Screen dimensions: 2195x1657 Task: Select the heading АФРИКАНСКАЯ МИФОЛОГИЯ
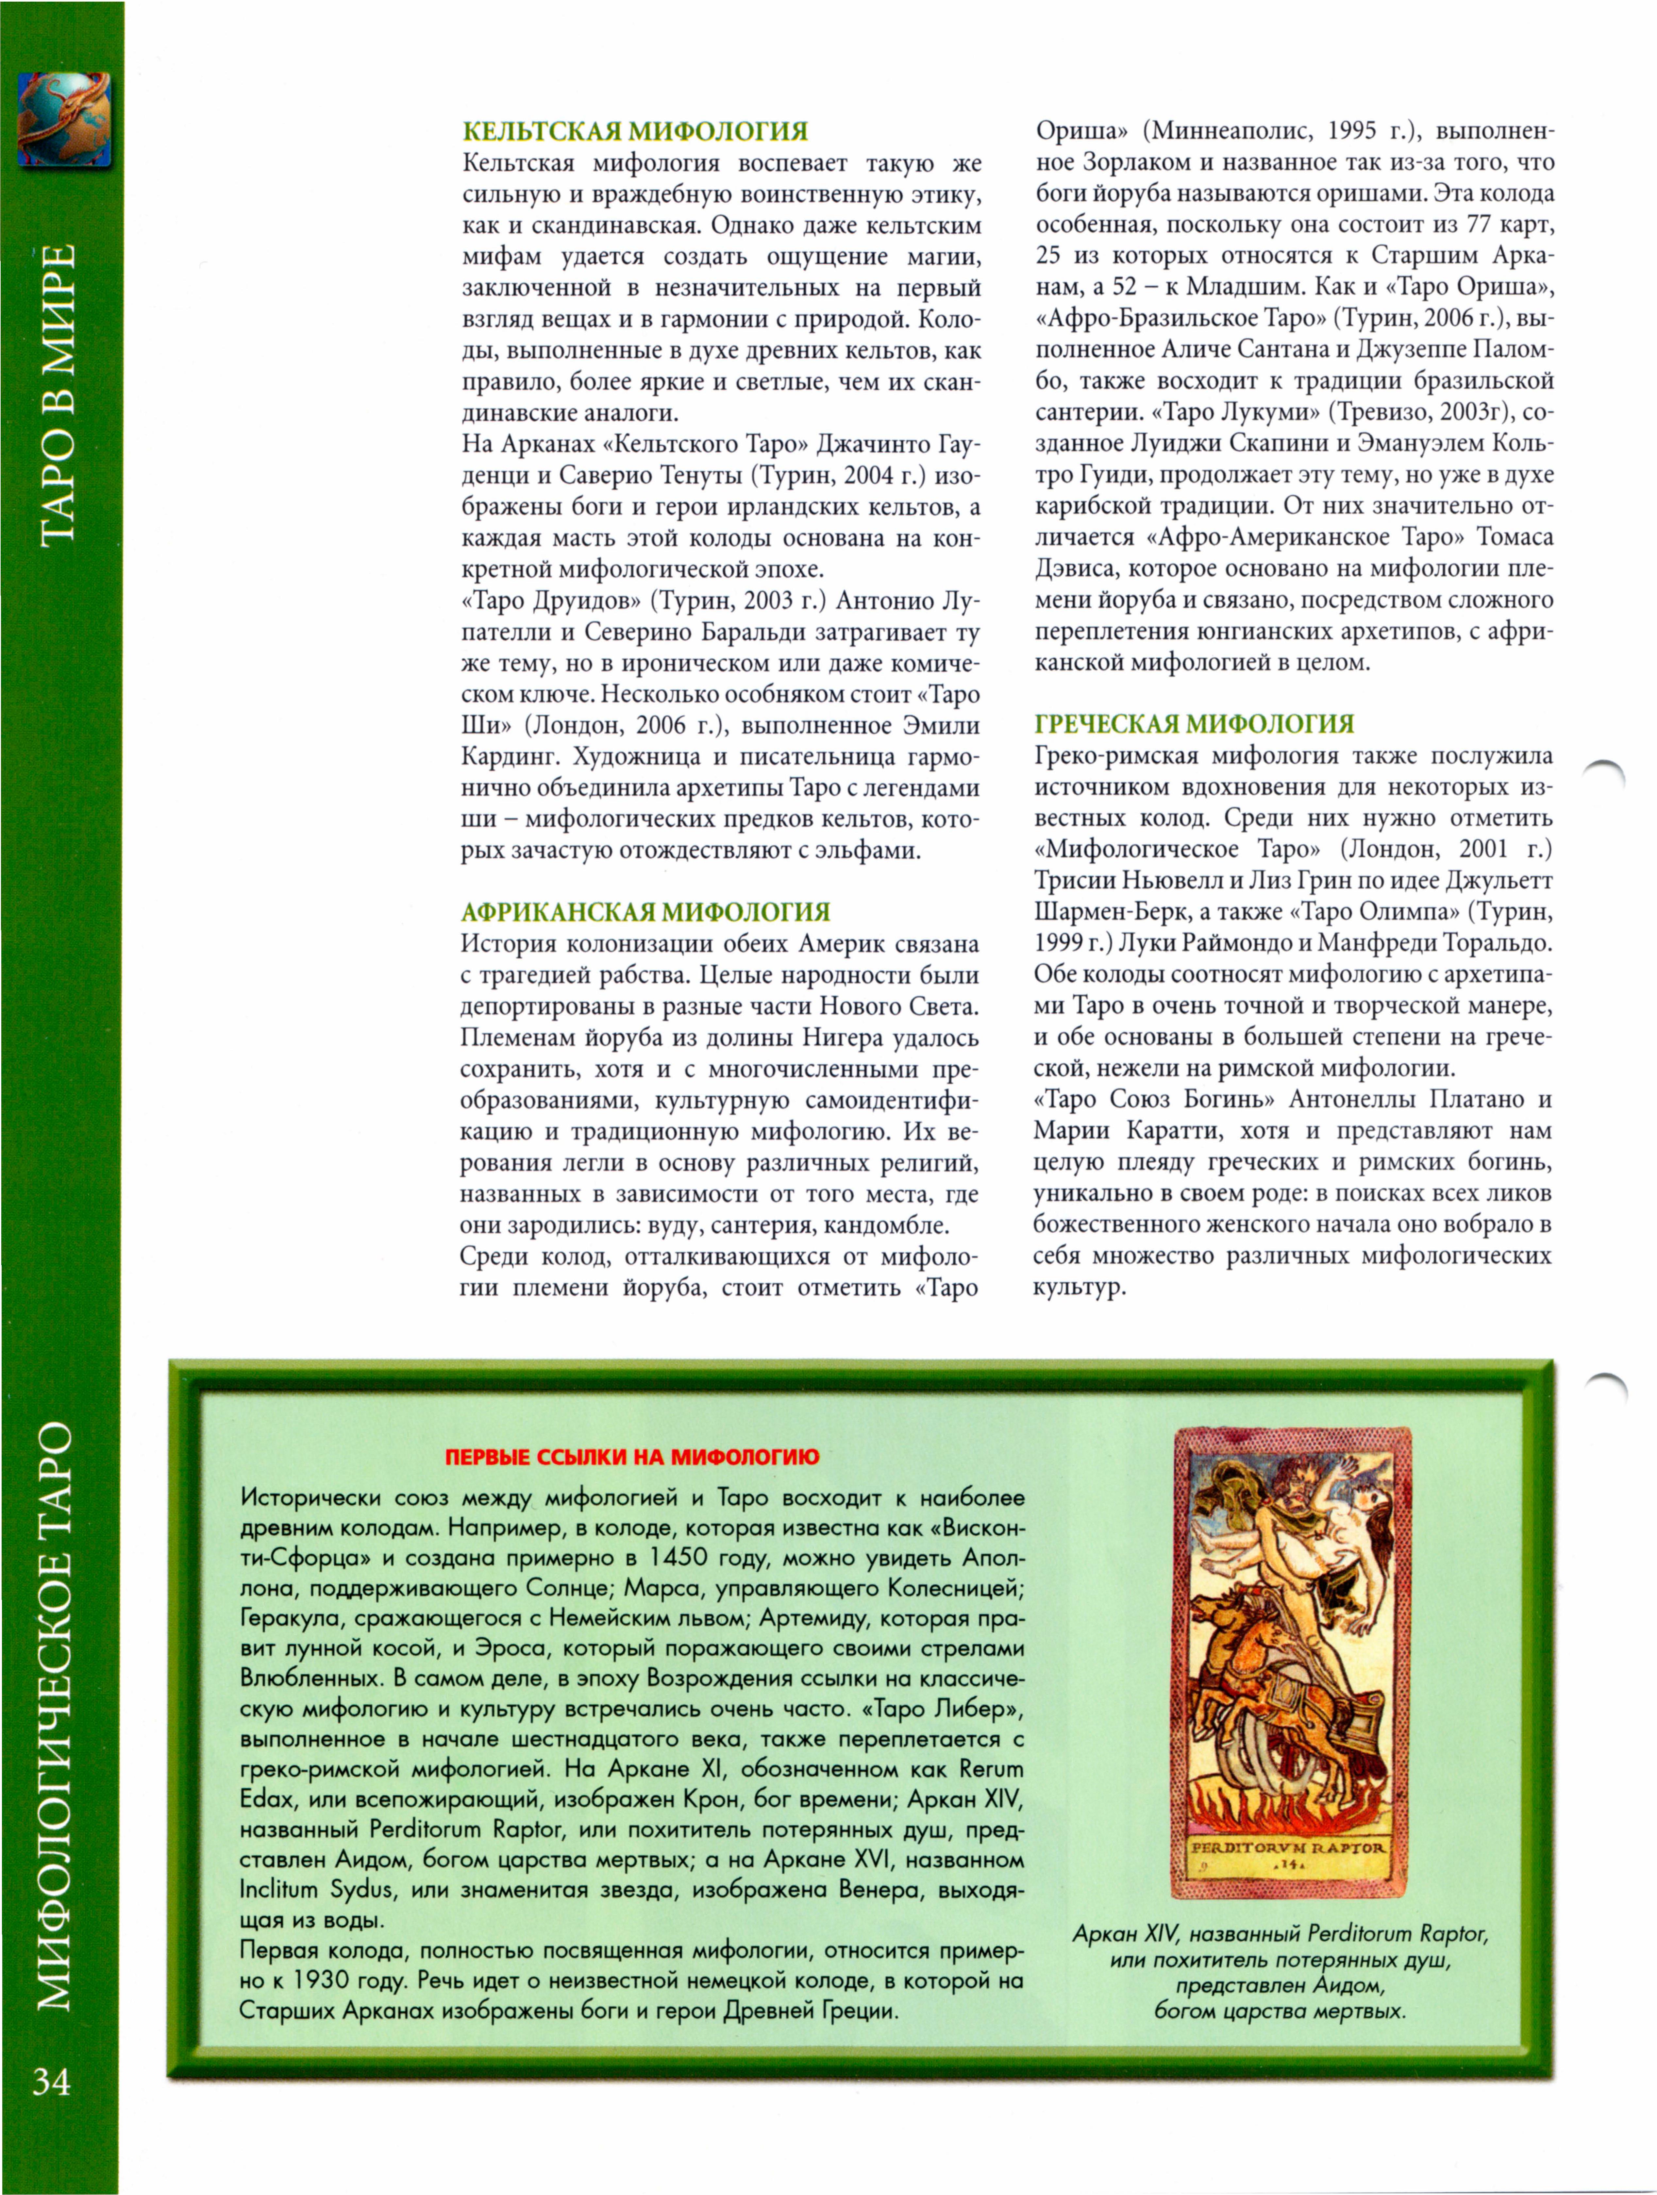tap(645, 912)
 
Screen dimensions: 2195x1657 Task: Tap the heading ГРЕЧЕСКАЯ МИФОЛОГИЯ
tap(1194, 723)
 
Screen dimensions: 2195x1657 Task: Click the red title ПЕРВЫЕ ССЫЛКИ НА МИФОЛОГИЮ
tap(632, 1457)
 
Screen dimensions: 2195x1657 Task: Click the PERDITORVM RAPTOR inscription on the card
tap(1287, 1848)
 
